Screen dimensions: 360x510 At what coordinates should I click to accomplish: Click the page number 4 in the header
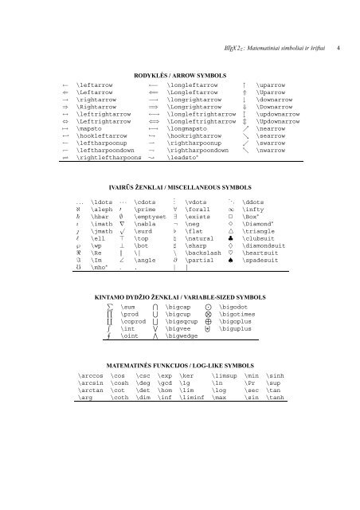[x=338, y=49]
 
